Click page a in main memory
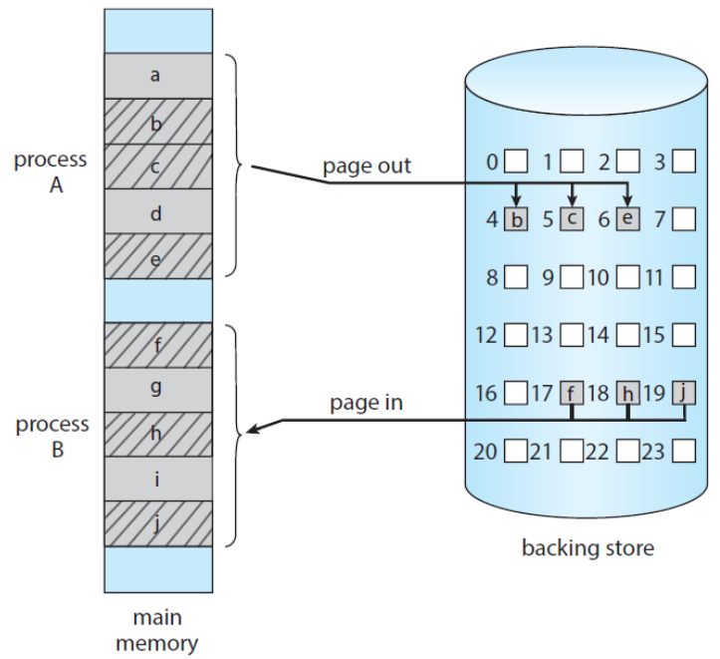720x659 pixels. pyautogui.click(x=157, y=75)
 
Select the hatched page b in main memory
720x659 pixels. pyautogui.click(x=157, y=121)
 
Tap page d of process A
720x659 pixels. pyautogui.click(x=157, y=211)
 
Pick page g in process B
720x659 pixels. pyautogui.click(x=157, y=389)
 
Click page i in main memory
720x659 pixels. pyautogui.click(x=157, y=479)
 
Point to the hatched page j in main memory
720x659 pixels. pyautogui.click(x=157, y=523)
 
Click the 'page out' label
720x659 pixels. pyautogui.click(x=366, y=166)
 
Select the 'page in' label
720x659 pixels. pyautogui.click(x=366, y=404)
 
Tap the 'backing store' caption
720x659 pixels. pyautogui.click(x=588, y=547)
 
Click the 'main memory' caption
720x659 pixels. pyautogui.click(x=157, y=630)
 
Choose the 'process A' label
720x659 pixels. pyautogui.click(x=51, y=171)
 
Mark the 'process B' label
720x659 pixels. pyautogui.click(x=51, y=437)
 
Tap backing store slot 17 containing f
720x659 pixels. pyautogui.click(x=571, y=392)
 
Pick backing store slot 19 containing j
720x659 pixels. pyautogui.click(x=682, y=392)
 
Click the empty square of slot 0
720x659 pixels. pyautogui.click(x=516, y=160)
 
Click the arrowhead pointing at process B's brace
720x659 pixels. pyautogui.click(x=252, y=431)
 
